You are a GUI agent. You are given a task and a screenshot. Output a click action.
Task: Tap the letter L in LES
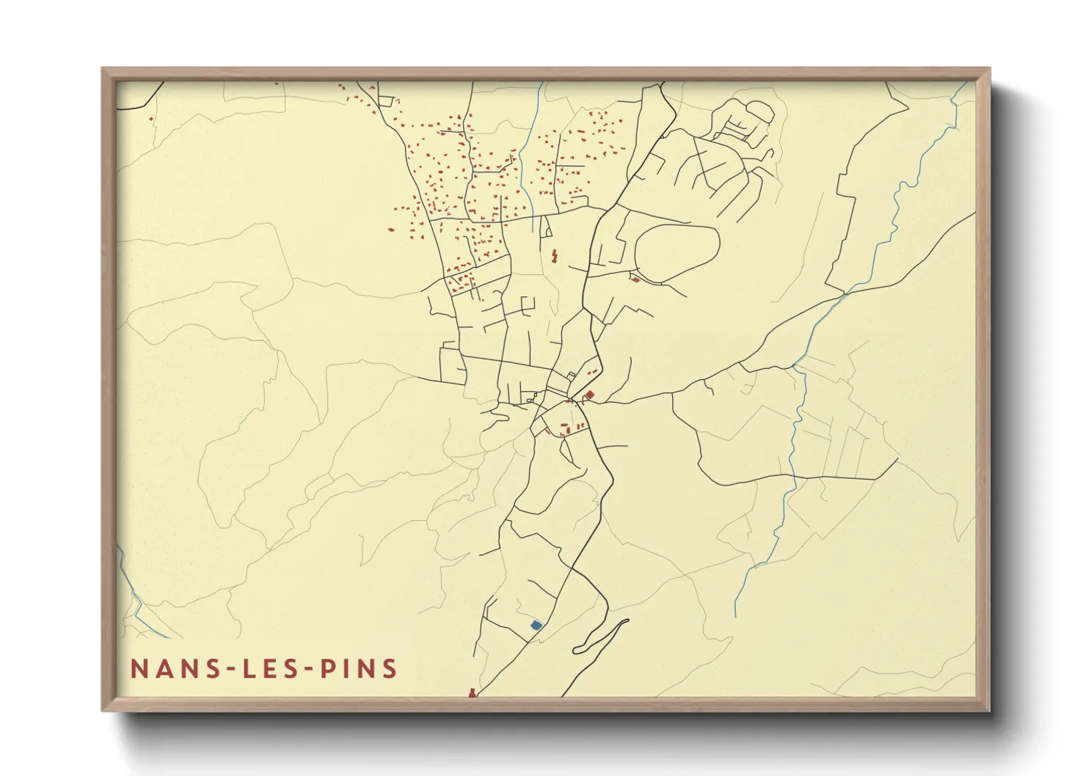point(244,669)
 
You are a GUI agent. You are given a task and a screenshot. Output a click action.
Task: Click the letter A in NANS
point(160,669)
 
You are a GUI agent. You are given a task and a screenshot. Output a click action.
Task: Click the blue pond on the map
point(536,625)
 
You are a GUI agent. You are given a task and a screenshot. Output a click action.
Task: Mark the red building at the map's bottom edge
point(472,692)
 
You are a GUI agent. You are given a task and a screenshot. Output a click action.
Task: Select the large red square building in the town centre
point(590,395)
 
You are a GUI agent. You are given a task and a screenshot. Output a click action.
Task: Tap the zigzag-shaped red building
point(554,255)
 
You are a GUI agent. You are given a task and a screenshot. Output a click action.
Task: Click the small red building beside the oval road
point(635,279)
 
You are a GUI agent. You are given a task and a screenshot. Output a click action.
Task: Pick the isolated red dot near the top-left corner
point(150,117)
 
